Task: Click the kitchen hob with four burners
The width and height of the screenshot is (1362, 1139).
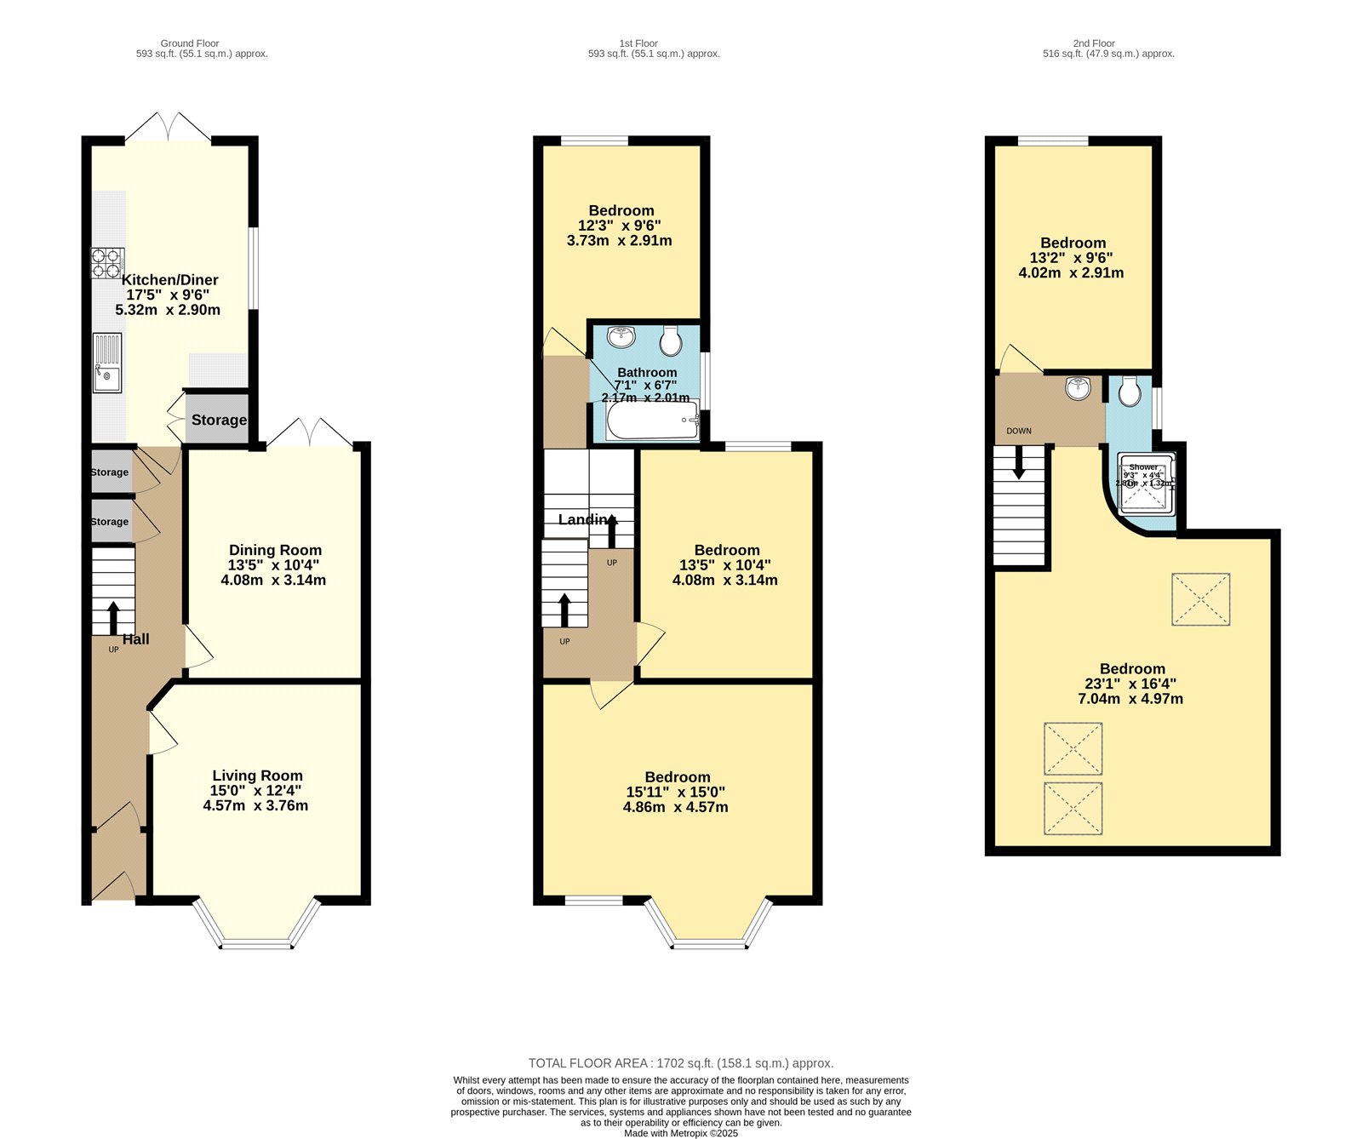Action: (107, 262)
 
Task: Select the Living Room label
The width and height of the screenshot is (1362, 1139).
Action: (257, 776)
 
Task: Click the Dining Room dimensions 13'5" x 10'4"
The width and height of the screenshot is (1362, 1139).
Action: (273, 565)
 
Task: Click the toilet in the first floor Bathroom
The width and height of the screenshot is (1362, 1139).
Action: (671, 341)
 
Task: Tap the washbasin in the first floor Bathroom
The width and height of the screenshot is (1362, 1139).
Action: (622, 337)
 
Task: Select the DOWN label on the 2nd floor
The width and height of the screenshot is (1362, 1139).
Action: (1018, 431)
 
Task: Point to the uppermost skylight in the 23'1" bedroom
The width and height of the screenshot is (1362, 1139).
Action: (1200, 599)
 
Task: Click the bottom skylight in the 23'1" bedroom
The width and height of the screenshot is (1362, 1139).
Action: (1073, 808)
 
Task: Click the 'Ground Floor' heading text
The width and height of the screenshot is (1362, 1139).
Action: (190, 43)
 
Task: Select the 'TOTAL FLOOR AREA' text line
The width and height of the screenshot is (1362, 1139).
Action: (680, 1063)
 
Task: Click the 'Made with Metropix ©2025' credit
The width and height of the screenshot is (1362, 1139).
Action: (680, 1133)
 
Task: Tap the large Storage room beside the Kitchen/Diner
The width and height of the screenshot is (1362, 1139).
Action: (218, 420)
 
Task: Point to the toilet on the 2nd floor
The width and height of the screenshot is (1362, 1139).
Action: (1130, 392)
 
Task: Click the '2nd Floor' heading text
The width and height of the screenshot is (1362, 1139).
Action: (1094, 43)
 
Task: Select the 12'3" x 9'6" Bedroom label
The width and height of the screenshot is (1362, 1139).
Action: (621, 211)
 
